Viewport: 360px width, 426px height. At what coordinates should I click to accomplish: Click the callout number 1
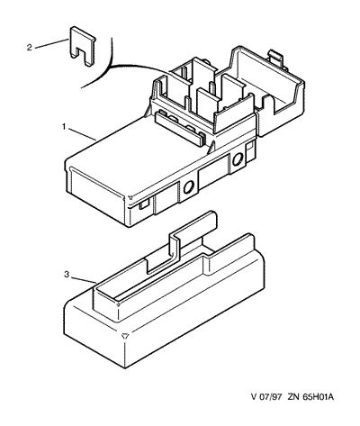(64, 127)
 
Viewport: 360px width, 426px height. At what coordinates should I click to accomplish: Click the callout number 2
(29, 48)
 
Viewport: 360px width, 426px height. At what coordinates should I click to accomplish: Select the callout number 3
(67, 275)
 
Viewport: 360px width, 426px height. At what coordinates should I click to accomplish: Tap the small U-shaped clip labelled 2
(83, 46)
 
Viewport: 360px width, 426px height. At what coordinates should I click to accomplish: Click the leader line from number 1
(83, 134)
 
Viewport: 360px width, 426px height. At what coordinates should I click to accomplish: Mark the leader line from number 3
(84, 279)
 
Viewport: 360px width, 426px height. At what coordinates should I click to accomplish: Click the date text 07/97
(271, 397)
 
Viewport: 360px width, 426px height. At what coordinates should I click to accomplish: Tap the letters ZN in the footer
(292, 397)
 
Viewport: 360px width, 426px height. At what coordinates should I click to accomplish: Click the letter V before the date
(254, 397)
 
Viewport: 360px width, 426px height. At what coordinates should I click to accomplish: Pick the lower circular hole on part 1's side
(189, 188)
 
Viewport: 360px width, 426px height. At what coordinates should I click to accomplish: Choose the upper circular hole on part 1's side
(238, 159)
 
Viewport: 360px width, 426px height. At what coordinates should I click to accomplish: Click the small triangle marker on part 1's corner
(130, 197)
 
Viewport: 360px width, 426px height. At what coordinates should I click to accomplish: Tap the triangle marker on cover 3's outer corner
(126, 336)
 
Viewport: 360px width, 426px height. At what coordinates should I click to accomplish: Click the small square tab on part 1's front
(143, 204)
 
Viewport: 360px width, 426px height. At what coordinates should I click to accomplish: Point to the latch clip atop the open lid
(276, 58)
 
